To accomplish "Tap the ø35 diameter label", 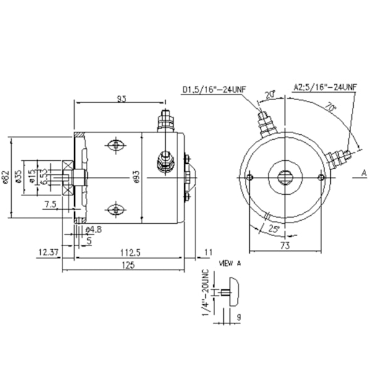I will pyautogui.click(x=19, y=177).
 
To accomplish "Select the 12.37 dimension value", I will pyautogui.click(x=48, y=252).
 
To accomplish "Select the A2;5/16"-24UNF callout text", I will pyautogui.click(x=325, y=87).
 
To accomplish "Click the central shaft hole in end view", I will pyautogui.click(x=285, y=177).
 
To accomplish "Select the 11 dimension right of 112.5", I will pyautogui.click(x=208, y=252).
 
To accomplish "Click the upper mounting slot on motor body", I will pyautogui.click(x=116, y=145).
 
